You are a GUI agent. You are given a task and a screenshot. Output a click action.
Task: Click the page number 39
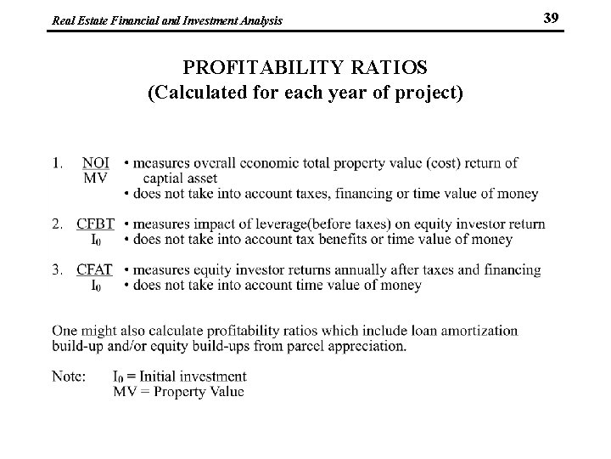[x=551, y=17]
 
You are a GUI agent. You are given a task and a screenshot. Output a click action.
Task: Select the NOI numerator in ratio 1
[x=96, y=162]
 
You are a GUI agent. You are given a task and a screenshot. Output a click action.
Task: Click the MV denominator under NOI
[x=95, y=178]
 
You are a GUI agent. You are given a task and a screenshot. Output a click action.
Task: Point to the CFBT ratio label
[x=95, y=224]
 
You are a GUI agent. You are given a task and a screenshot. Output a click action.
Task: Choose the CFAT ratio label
[x=95, y=270]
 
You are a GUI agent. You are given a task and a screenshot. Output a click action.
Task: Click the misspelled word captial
[x=168, y=178]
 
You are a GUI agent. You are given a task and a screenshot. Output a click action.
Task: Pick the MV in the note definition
[x=124, y=391]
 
